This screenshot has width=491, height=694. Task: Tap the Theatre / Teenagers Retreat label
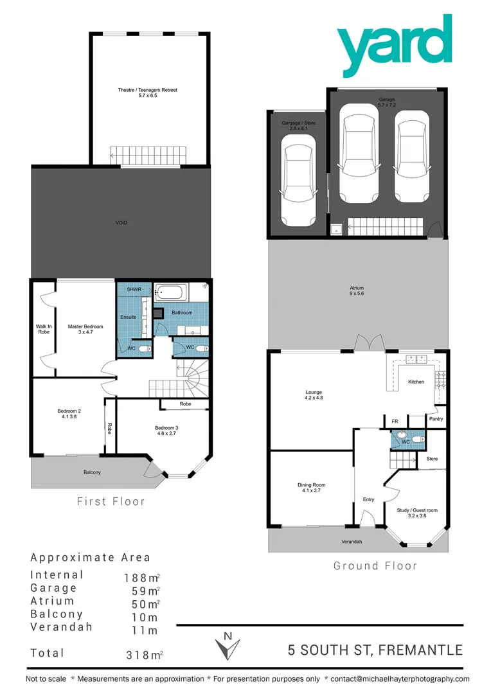pyautogui.click(x=147, y=93)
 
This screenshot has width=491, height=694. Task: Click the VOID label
pyautogui.click(x=121, y=223)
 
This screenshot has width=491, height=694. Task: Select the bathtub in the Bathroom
pyautogui.click(x=170, y=294)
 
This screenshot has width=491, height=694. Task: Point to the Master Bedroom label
pyautogui.click(x=85, y=330)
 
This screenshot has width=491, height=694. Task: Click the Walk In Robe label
pyautogui.click(x=43, y=330)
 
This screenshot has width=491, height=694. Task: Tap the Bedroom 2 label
pyautogui.click(x=69, y=414)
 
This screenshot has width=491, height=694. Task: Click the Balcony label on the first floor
pyautogui.click(x=92, y=472)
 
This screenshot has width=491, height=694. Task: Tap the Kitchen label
pyautogui.click(x=416, y=382)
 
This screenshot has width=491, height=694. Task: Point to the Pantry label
pyautogui.click(x=436, y=419)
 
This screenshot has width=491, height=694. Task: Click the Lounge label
pyautogui.click(x=314, y=395)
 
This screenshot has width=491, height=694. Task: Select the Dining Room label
pyautogui.click(x=311, y=488)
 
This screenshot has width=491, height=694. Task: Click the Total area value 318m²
pyautogui.click(x=143, y=655)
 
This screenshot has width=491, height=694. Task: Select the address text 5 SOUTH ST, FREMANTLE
pyautogui.click(x=375, y=650)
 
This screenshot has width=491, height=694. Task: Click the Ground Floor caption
pyautogui.click(x=375, y=566)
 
